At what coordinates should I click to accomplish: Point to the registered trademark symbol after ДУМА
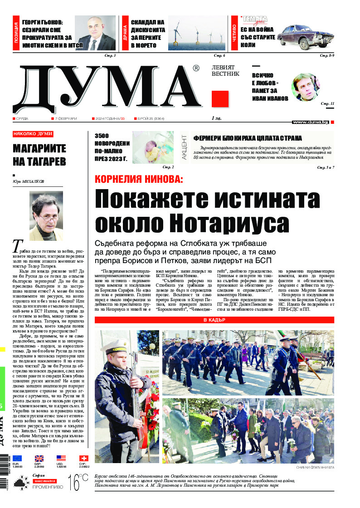tap(196, 68)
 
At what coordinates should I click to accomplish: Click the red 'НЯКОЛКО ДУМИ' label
tap(33, 134)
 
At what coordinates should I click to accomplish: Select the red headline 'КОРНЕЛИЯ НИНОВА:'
tap(138, 179)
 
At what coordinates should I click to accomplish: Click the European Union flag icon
tap(17, 459)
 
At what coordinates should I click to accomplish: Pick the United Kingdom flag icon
tap(39, 459)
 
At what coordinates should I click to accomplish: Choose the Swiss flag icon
tap(84, 459)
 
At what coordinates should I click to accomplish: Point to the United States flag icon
tap(61, 459)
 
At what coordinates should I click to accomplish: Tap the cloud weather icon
tap(19, 486)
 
